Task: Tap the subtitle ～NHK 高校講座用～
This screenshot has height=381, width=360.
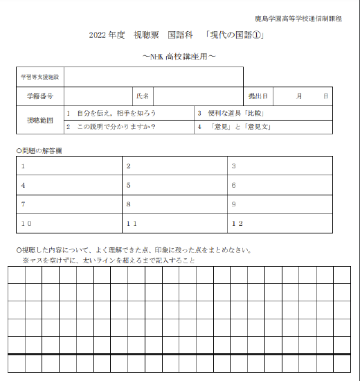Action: click(x=179, y=55)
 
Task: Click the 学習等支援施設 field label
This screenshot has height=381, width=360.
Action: click(x=40, y=76)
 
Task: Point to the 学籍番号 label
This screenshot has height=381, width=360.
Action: click(x=40, y=96)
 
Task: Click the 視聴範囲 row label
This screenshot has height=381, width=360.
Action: click(x=40, y=119)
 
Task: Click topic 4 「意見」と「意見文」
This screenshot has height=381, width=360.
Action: click(x=235, y=127)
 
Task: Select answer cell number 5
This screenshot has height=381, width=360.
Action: click(x=176, y=186)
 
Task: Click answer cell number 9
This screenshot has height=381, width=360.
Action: click(x=280, y=204)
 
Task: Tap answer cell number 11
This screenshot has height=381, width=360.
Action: click(x=176, y=224)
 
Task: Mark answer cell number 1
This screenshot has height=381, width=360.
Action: click(x=69, y=166)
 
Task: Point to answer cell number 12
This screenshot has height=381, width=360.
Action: click(x=280, y=224)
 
